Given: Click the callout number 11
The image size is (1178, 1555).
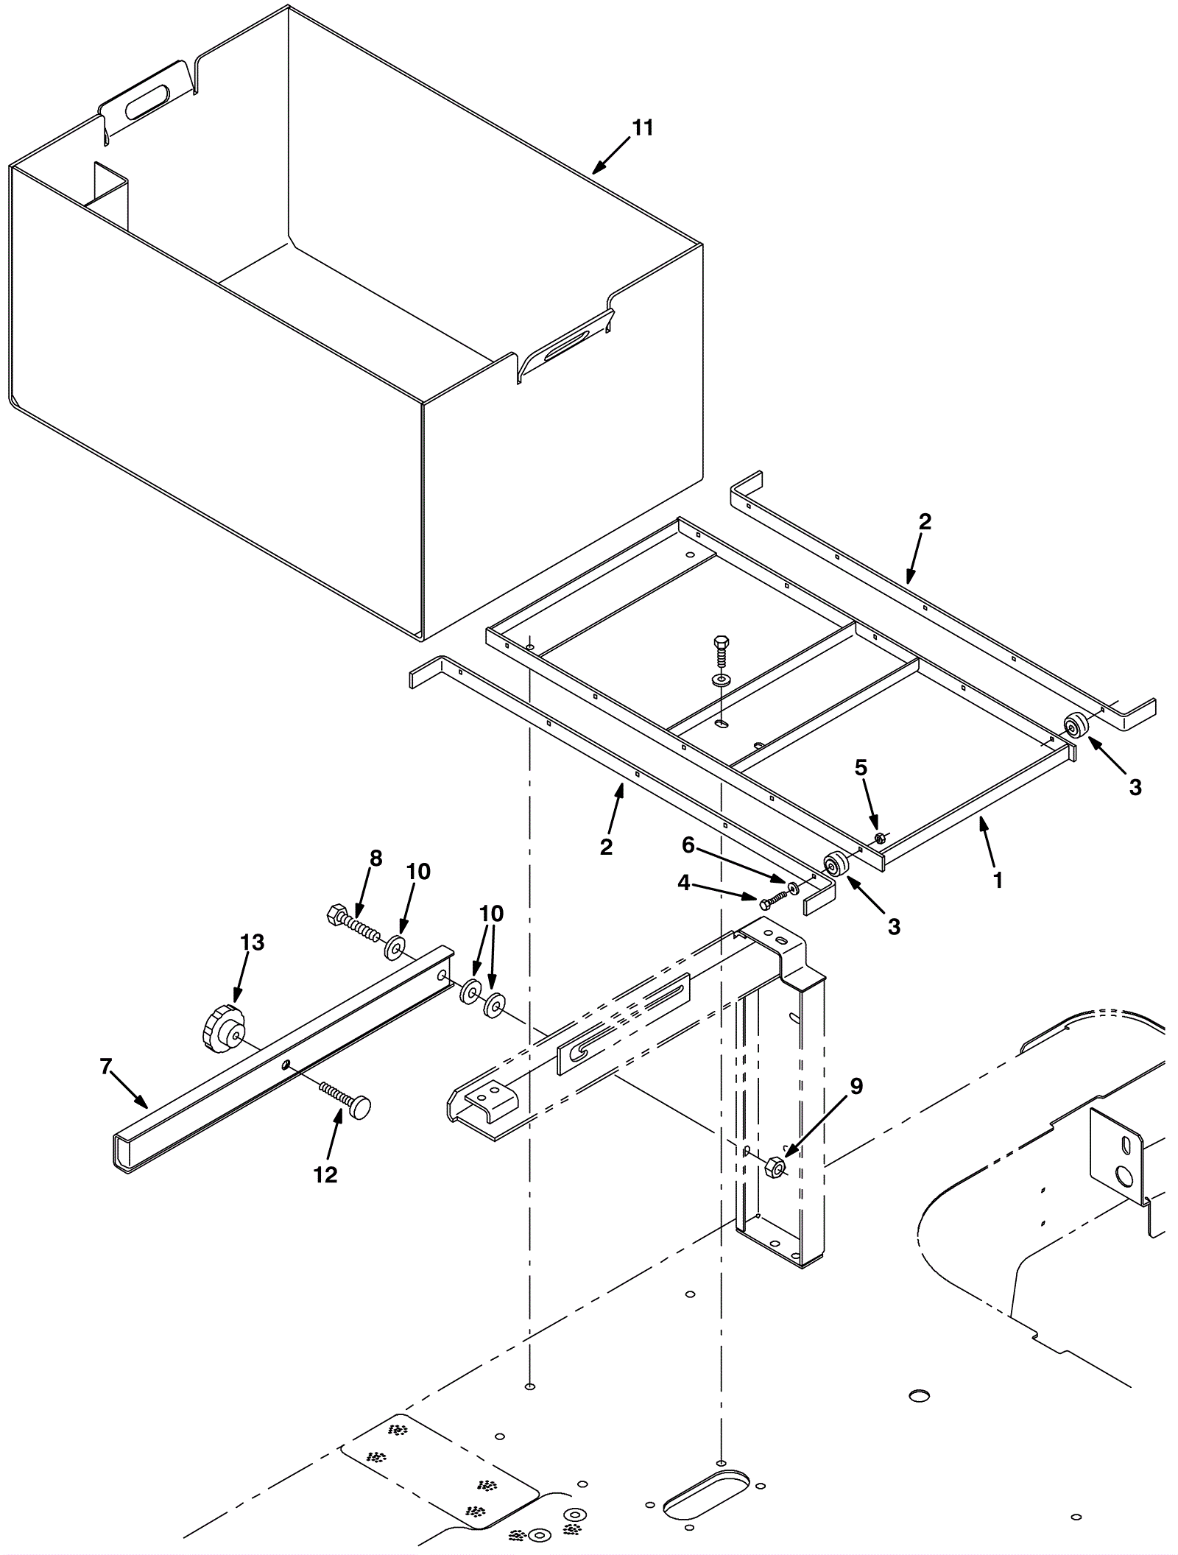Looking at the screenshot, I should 642,128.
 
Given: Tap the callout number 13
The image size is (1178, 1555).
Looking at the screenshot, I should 252,942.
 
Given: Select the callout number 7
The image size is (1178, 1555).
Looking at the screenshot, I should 105,1065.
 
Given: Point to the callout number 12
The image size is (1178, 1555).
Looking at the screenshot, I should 325,1174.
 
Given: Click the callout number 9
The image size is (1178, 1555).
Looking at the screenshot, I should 856,1086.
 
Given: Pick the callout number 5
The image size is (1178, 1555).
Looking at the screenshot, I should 861,768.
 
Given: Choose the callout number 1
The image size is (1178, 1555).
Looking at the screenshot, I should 998,879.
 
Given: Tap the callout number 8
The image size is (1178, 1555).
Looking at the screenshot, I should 375,858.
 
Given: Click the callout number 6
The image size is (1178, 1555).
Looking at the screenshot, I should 688,846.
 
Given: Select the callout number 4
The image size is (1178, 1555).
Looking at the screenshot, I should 684,883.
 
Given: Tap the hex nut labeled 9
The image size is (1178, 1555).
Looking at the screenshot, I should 775,1167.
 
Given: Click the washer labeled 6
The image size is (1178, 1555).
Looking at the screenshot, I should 794,889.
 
